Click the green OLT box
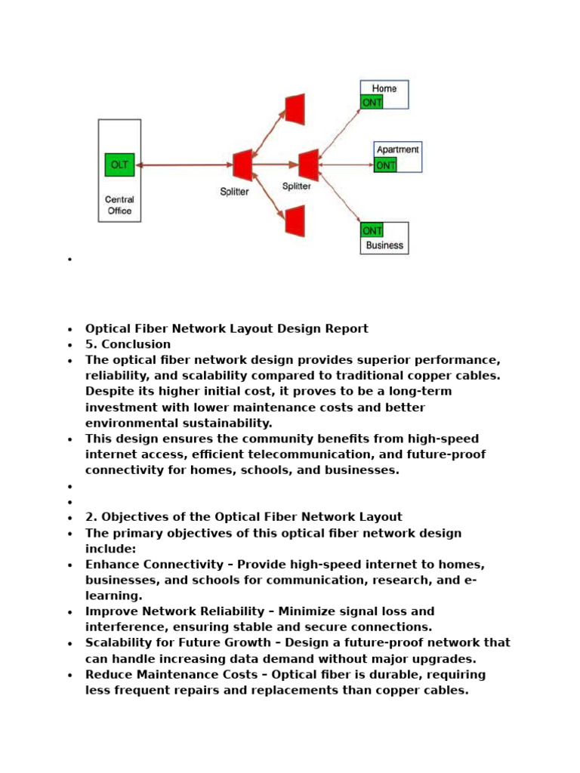click(x=119, y=165)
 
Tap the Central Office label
click(x=119, y=205)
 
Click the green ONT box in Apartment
click(x=385, y=165)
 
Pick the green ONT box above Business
click(x=372, y=230)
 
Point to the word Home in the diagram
click(x=384, y=88)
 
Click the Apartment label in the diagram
click(x=397, y=149)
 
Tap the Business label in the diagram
click(x=384, y=245)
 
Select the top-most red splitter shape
click(x=295, y=107)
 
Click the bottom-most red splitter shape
click(x=295, y=220)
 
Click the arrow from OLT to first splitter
click(x=183, y=165)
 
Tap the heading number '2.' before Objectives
click(x=91, y=517)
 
